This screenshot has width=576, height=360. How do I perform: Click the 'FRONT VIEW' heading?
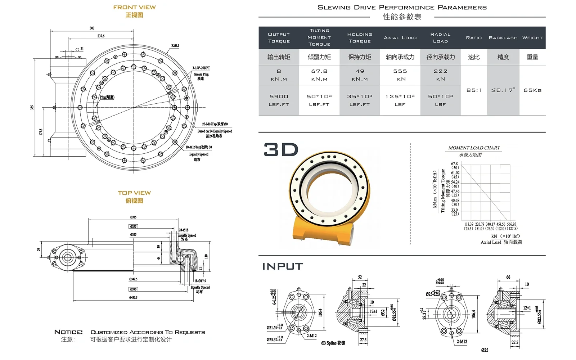pyautogui.click(x=134, y=7)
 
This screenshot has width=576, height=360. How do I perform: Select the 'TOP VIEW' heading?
pyautogui.click(x=134, y=193)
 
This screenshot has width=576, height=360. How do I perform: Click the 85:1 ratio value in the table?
pyautogui.click(x=474, y=90)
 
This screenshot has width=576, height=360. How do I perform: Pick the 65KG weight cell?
pyautogui.click(x=532, y=90)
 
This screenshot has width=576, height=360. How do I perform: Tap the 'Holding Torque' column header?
pyautogui.click(x=360, y=38)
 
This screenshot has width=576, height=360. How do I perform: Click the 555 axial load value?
pyautogui.click(x=400, y=71)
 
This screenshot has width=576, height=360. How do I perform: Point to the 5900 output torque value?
pyautogui.click(x=279, y=96)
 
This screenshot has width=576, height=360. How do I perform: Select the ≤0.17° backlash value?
pyautogui.click(x=503, y=90)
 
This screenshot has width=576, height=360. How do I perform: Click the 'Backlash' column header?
pyautogui.click(x=503, y=38)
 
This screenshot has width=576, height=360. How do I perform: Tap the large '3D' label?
pyautogui.click(x=281, y=149)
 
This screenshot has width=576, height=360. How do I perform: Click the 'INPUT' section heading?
pyautogui.click(x=283, y=266)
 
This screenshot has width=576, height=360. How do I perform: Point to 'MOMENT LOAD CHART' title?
pyautogui.click(x=474, y=148)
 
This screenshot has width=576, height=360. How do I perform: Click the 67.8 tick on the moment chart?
pyautogui.click(x=454, y=164)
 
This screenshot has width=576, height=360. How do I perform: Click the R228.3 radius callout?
pyautogui.click(x=175, y=46)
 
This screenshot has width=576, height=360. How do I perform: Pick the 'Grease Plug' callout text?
pyautogui.click(x=201, y=74)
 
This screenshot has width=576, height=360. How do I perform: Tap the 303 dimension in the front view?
pyautogui.click(x=92, y=28)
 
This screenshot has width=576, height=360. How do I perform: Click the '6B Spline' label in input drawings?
pyautogui.click(x=333, y=343)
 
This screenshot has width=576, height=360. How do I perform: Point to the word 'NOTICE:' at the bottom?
pyautogui.click(x=68, y=332)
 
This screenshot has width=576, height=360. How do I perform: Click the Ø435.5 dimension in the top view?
pyautogui.click(x=133, y=298)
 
